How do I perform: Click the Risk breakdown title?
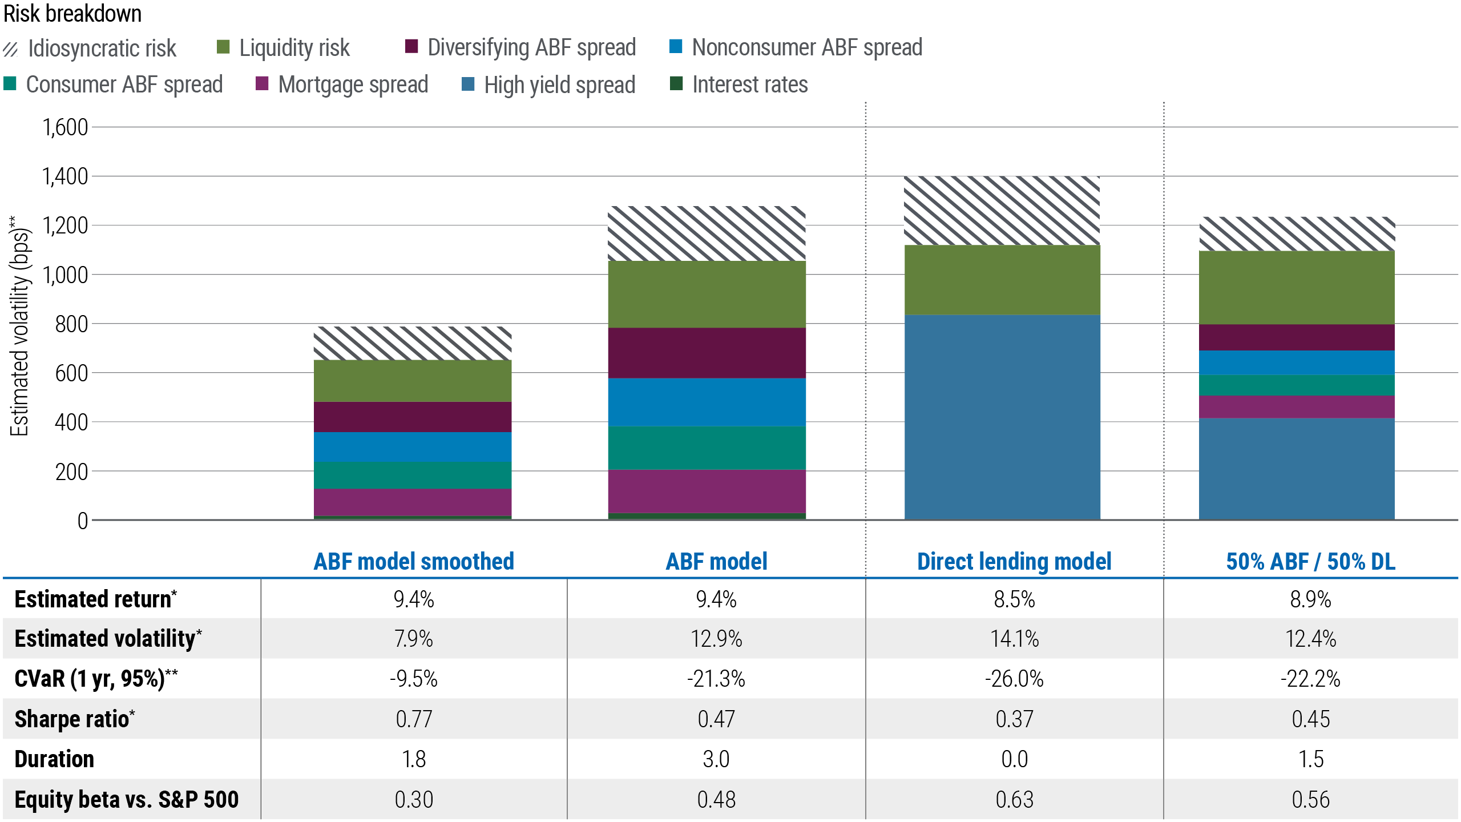click(x=72, y=14)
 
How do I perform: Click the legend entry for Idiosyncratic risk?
click(x=91, y=49)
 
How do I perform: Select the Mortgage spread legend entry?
click(x=342, y=84)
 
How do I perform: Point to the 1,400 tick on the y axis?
click(x=65, y=176)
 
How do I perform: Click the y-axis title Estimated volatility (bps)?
click(x=20, y=325)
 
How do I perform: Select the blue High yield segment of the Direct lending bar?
click(x=1002, y=417)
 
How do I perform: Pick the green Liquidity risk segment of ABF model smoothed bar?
click(x=413, y=381)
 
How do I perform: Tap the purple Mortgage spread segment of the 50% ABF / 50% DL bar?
click(x=1297, y=407)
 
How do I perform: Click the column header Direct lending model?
click(x=1014, y=562)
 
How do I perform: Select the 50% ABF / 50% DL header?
click(x=1310, y=562)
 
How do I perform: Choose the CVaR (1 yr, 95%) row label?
click(x=96, y=679)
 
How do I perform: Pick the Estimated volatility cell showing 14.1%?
click(x=1014, y=639)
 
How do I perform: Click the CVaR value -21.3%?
click(x=716, y=679)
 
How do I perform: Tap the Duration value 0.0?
click(x=1014, y=759)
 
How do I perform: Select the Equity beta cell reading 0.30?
click(x=414, y=800)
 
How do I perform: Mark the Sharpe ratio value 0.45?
click(x=1310, y=719)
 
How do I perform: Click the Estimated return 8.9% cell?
click(x=1310, y=599)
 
